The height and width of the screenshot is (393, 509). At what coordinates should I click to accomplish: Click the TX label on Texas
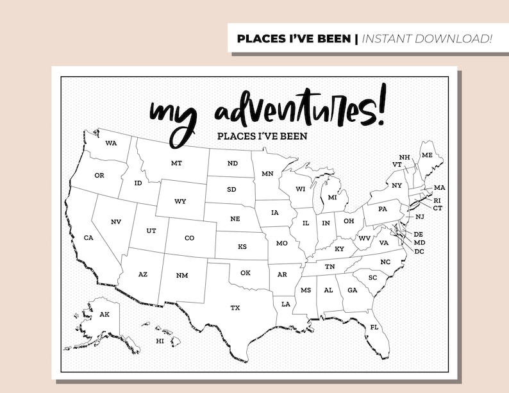click(x=235, y=308)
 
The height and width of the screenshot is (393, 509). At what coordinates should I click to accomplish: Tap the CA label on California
click(x=89, y=238)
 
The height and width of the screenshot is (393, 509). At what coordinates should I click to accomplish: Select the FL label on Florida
click(x=374, y=328)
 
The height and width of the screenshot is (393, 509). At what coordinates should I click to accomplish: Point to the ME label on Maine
click(x=427, y=156)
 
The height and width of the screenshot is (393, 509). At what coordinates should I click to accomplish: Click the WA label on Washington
click(x=111, y=142)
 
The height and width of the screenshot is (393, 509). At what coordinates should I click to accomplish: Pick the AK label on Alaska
click(x=104, y=314)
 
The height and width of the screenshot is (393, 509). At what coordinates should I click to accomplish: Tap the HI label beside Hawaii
click(x=160, y=341)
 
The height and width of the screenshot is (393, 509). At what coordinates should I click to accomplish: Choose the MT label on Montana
click(x=176, y=163)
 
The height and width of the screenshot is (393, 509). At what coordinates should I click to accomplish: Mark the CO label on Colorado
click(x=189, y=238)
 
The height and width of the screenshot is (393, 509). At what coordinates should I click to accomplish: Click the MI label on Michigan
click(x=332, y=197)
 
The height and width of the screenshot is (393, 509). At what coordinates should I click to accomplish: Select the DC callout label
click(x=419, y=251)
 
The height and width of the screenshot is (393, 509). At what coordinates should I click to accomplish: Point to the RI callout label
click(x=438, y=200)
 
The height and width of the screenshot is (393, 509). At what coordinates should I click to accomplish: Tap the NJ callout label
click(x=419, y=217)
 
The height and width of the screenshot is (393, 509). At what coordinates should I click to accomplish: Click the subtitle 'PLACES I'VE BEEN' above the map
click(x=262, y=136)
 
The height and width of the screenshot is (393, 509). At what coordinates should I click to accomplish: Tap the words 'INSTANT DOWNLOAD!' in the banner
click(x=428, y=38)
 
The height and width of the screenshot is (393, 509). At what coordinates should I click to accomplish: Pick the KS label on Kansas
click(x=242, y=247)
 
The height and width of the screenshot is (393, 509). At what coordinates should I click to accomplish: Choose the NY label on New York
click(x=397, y=185)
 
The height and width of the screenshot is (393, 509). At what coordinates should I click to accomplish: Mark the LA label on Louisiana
click(x=285, y=304)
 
